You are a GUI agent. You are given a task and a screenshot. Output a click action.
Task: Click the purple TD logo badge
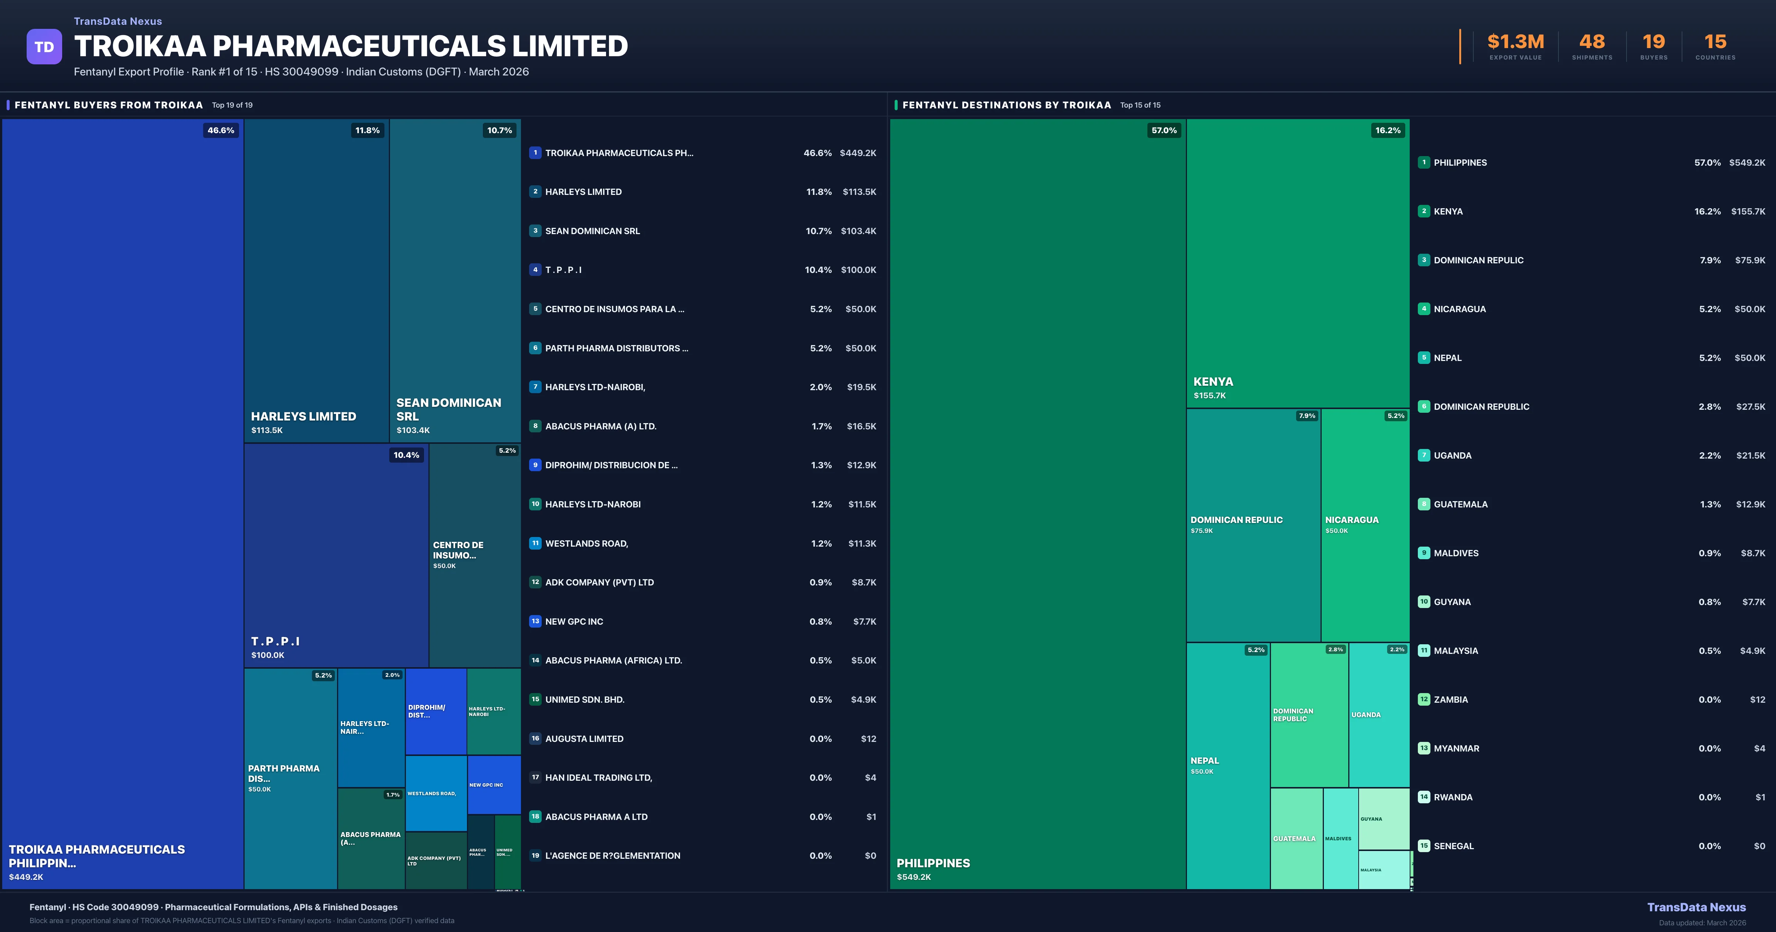pyautogui.click(x=44, y=47)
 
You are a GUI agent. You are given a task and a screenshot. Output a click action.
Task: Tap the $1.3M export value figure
pyautogui.click(x=1516, y=42)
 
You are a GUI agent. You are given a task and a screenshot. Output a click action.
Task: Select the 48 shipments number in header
pyautogui.click(x=1592, y=42)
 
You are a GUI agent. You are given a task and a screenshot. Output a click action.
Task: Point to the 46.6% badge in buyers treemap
pyautogui.click(x=221, y=130)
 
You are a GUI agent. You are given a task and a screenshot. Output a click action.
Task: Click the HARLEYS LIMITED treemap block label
pyautogui.click(x=303, y=416)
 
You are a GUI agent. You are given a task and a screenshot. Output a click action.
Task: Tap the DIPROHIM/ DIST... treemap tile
pyautogui.click(x=436, y=712)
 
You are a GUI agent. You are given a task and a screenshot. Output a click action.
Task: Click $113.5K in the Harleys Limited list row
pyautogui.click(x=859, y=192)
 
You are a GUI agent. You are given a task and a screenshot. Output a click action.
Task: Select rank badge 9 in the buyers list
pyautogui.click(x=535, y=465)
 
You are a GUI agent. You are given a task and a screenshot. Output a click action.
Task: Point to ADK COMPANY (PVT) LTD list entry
pyautogui.click(x=599, y=582)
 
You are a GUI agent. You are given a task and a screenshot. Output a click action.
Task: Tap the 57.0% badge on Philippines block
pyautogui.click(x=1164, y=130)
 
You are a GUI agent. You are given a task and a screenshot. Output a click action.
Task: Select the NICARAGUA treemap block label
pyautogui.click(x=1351, y=520)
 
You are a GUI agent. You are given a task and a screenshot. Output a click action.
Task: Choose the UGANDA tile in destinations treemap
pyautogui.click(x=1378, y=715)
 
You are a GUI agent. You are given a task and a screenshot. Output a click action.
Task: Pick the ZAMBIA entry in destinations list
pyautogui.click(x=1450, y=700)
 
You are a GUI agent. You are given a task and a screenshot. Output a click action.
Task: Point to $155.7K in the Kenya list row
pyautogui.click(x=1748, y=212)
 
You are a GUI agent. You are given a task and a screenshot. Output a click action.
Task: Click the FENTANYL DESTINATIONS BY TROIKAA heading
pyautogui.click(x=1006, y=105)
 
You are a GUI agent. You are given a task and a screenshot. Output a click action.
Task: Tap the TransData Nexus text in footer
pyautogui.click(x=1696, y=907)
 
